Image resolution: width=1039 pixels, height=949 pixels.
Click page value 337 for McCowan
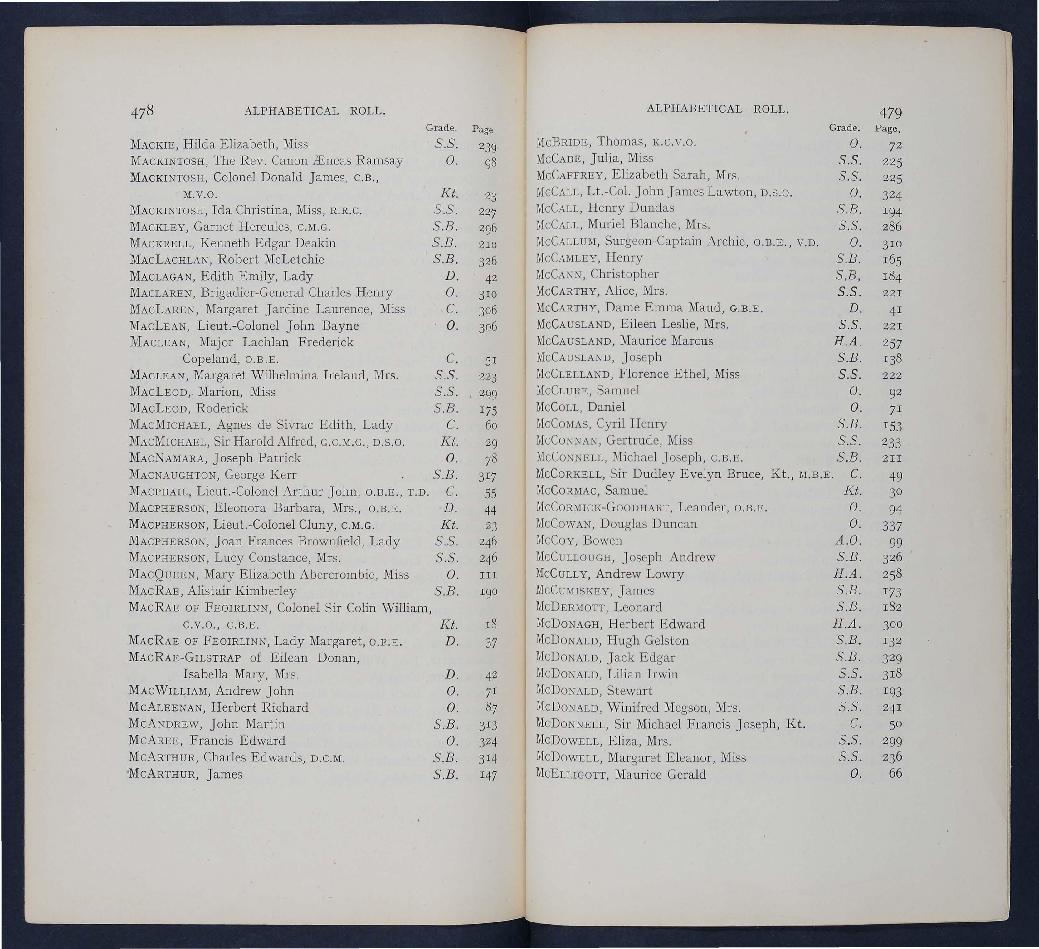892,526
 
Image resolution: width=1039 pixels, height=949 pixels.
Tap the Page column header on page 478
483,130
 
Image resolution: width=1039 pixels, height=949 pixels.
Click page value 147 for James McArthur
487,775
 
